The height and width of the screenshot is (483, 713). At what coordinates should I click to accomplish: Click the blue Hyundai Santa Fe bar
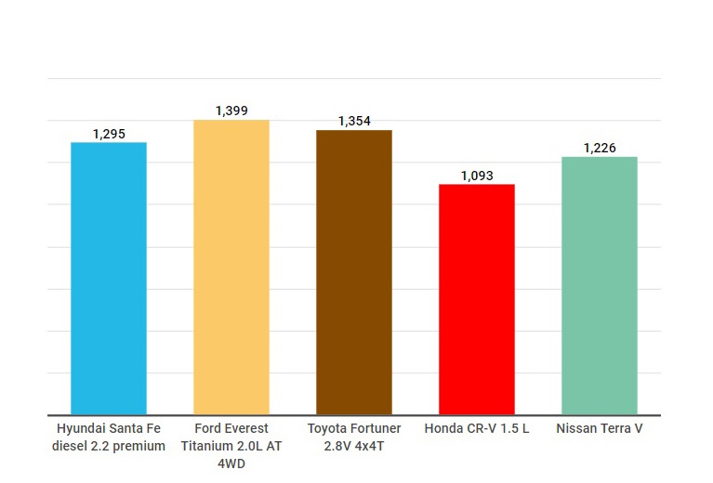click(x=109, y=279)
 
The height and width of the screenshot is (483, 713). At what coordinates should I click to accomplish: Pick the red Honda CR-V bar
click(x=477, y=299)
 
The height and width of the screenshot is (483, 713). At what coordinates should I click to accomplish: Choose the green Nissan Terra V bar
click(x=600, y=286)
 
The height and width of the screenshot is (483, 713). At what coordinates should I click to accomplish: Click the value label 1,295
click(x=109, y=134)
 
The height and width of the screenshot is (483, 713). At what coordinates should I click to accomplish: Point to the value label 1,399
click(x=231, y=111)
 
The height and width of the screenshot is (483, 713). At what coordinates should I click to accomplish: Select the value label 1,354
click(x=354, y=122)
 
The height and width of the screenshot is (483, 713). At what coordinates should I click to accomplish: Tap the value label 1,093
click(x=477, y=176)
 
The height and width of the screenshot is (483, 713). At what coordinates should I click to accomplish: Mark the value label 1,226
click(x=600, y=149)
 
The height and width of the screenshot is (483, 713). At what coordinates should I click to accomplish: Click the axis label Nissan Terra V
click(x=600, y=429)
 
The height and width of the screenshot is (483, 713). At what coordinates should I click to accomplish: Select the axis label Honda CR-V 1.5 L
click(x=477, y=429)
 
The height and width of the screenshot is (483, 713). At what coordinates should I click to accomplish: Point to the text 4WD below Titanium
click(x=231, y=463)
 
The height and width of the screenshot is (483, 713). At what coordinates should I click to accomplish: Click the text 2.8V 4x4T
click(x=354, y=446)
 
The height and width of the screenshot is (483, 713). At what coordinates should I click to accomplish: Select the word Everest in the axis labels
click(x=245, y=429)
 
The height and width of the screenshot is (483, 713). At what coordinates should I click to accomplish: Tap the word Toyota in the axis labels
click(x=327, y=429)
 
